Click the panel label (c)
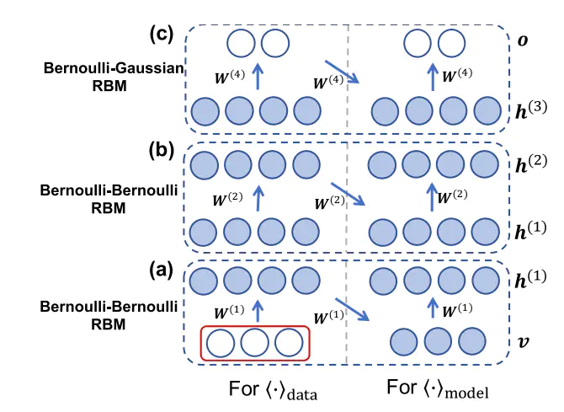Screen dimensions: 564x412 [x=162, y=35]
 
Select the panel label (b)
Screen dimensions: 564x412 [x=161, y=151]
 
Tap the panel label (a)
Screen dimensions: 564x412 [x=161, y=270]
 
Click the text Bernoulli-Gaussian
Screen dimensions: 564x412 [x=114, y=68]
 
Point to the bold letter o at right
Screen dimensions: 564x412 [x=523, y=40]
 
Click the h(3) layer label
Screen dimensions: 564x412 [x=531, y=110]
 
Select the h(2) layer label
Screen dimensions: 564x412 [x=531, y=163]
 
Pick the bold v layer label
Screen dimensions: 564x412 [x=523, y=341]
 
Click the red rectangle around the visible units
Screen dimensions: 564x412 [x=255, y=326]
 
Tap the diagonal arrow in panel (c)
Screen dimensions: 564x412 [x=342, y=72]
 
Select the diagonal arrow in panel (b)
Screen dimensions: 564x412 [x=348, y=194]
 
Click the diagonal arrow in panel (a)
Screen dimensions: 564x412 [x=352, y=309]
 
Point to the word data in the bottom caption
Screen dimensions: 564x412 [x=302, y=394]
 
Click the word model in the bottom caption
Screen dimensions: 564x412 [x=466, y=392]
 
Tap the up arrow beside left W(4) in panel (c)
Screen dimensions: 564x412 [x=258, y=76]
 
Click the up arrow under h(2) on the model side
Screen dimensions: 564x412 [x=432, y=197]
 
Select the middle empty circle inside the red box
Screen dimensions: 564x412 [x=255, y=343]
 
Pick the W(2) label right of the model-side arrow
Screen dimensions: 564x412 [x=453, y=197]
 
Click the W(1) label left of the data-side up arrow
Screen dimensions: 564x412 [x=229, y=313]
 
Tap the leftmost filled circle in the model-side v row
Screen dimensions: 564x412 [x=404, y=341]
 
